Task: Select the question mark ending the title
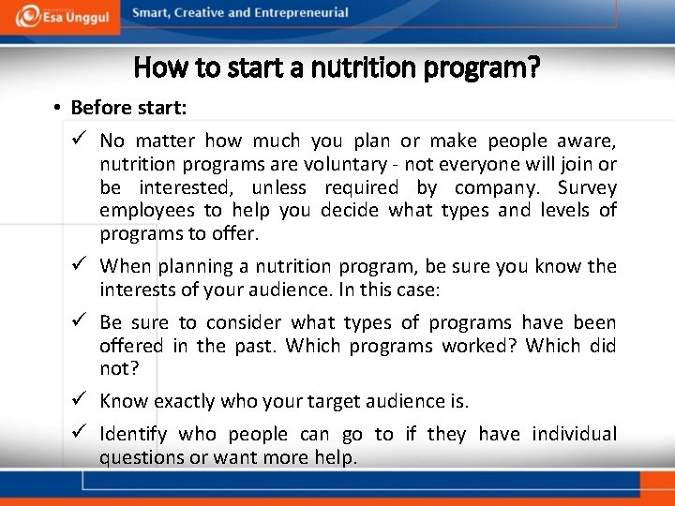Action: [532, 67]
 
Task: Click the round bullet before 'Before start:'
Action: [57, 109]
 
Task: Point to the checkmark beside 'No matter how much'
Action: [80, 141]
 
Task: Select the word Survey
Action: [587, 187]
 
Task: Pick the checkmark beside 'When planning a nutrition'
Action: [80, 266]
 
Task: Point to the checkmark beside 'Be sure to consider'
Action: [80, 322]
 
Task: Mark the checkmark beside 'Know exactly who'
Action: [80, 401]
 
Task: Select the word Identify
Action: [133, 434]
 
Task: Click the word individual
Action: [574, 434]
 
